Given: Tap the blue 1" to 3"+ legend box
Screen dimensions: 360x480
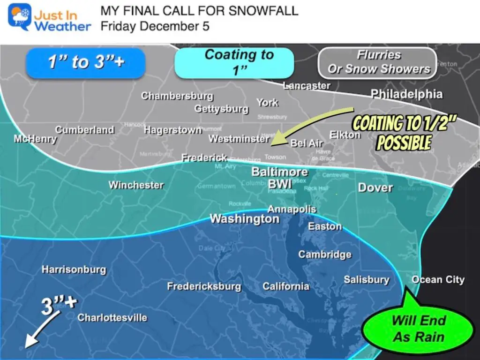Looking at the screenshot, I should (86, 62).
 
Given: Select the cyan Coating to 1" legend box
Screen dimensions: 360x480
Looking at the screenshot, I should (234, 62).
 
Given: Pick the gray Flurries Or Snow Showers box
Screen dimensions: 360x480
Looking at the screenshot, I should (378, 62).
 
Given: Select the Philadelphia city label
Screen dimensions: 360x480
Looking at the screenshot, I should (406, 94).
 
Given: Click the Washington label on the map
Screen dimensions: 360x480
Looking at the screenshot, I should (244, 219).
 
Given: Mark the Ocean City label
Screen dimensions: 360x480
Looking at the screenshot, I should (438, 280).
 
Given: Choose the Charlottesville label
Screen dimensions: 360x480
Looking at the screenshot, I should (112, 318).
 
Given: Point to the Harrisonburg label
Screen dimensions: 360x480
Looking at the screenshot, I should (74, 270).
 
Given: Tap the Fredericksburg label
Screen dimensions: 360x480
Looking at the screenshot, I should (204, 286).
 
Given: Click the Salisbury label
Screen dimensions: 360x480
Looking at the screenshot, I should (366, 280).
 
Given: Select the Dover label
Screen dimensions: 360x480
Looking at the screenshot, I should (375, 187).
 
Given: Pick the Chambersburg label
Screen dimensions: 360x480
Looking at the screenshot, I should (177, 96).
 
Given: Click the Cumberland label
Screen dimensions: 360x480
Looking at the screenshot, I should (84, 130).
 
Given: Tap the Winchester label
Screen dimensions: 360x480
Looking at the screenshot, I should (136, 185).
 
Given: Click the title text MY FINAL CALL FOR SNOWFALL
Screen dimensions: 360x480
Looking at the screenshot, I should (199, 11).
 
